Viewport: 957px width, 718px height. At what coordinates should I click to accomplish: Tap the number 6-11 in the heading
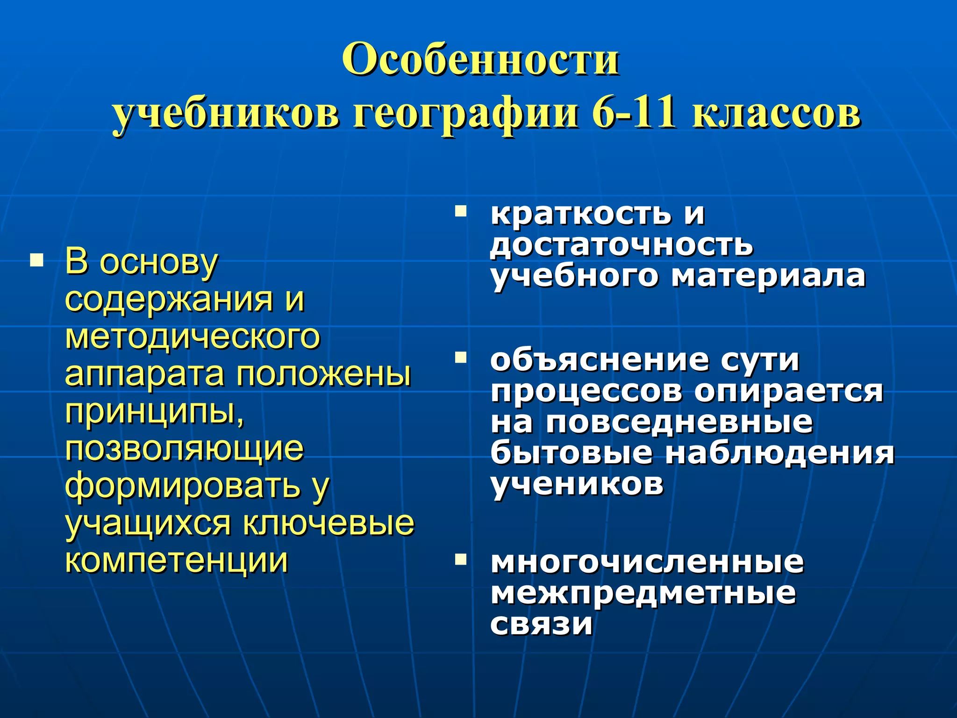coord(634,113)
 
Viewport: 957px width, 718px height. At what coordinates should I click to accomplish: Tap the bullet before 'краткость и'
coord(461,212)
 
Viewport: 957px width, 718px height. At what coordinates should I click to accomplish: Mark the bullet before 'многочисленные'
coord(461,559)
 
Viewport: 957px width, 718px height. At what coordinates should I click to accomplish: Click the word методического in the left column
coord(193,337)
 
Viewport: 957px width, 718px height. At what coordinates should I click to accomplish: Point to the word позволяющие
coord(184,449)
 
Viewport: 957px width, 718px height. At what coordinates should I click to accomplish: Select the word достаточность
coord(621,245)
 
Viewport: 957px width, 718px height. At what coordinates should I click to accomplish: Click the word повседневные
coord(679,422)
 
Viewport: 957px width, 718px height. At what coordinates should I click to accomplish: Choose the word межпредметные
coord(643,593)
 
